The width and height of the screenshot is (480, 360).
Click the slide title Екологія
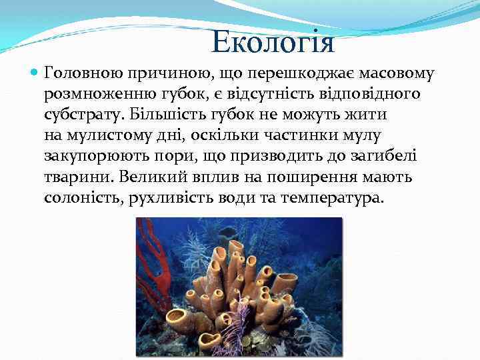click(273, 43)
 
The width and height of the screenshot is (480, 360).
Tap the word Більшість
click(167, 115)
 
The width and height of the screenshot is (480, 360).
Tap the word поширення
click(313, 177)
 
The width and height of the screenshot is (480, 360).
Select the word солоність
click(80, 198)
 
